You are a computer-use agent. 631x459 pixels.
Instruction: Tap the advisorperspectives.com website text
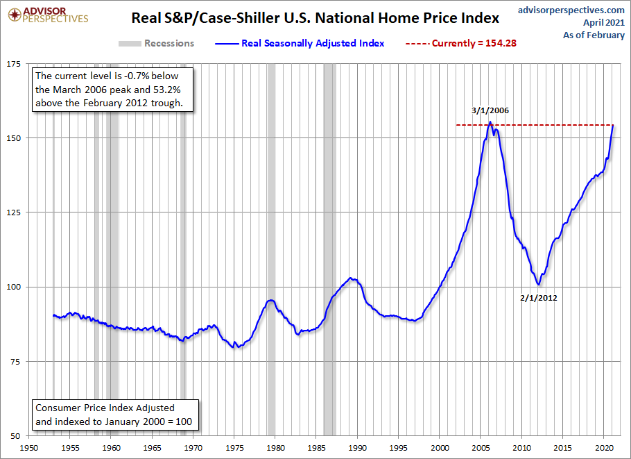571,10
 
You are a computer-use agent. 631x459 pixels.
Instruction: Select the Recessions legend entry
156,43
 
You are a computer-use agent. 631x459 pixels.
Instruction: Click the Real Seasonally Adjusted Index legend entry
299,43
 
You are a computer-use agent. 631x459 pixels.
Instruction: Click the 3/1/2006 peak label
490,110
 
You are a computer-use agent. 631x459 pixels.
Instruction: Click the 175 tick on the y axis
12,63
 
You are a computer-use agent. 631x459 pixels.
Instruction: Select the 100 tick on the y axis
12,287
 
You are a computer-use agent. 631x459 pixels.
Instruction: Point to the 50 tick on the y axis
15,436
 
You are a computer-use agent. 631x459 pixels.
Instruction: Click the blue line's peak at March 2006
490,123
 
